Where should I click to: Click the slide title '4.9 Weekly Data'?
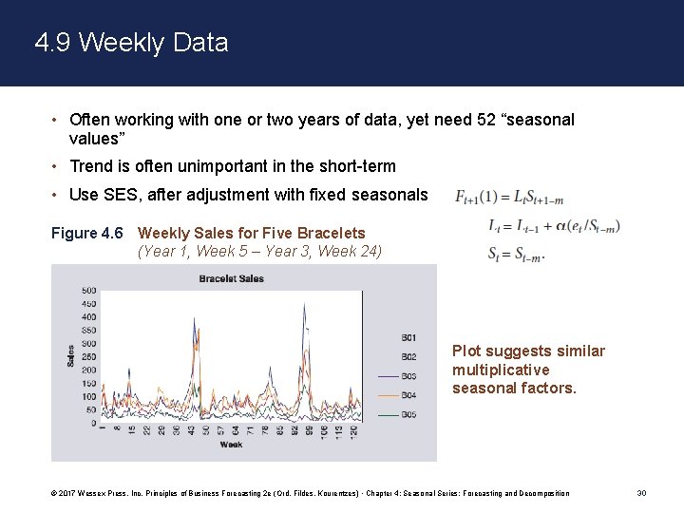131,43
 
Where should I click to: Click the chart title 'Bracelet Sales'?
231,278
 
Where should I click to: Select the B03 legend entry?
408,376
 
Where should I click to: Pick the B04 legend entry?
408,395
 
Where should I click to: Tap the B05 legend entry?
408,415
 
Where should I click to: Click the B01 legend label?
408,338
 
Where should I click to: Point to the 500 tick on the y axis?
88,291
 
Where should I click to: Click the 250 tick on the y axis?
88,357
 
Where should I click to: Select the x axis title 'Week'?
231,445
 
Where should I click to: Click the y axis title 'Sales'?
69,355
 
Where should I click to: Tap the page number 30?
642,493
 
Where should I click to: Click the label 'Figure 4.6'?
87,233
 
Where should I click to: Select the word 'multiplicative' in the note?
501,370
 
